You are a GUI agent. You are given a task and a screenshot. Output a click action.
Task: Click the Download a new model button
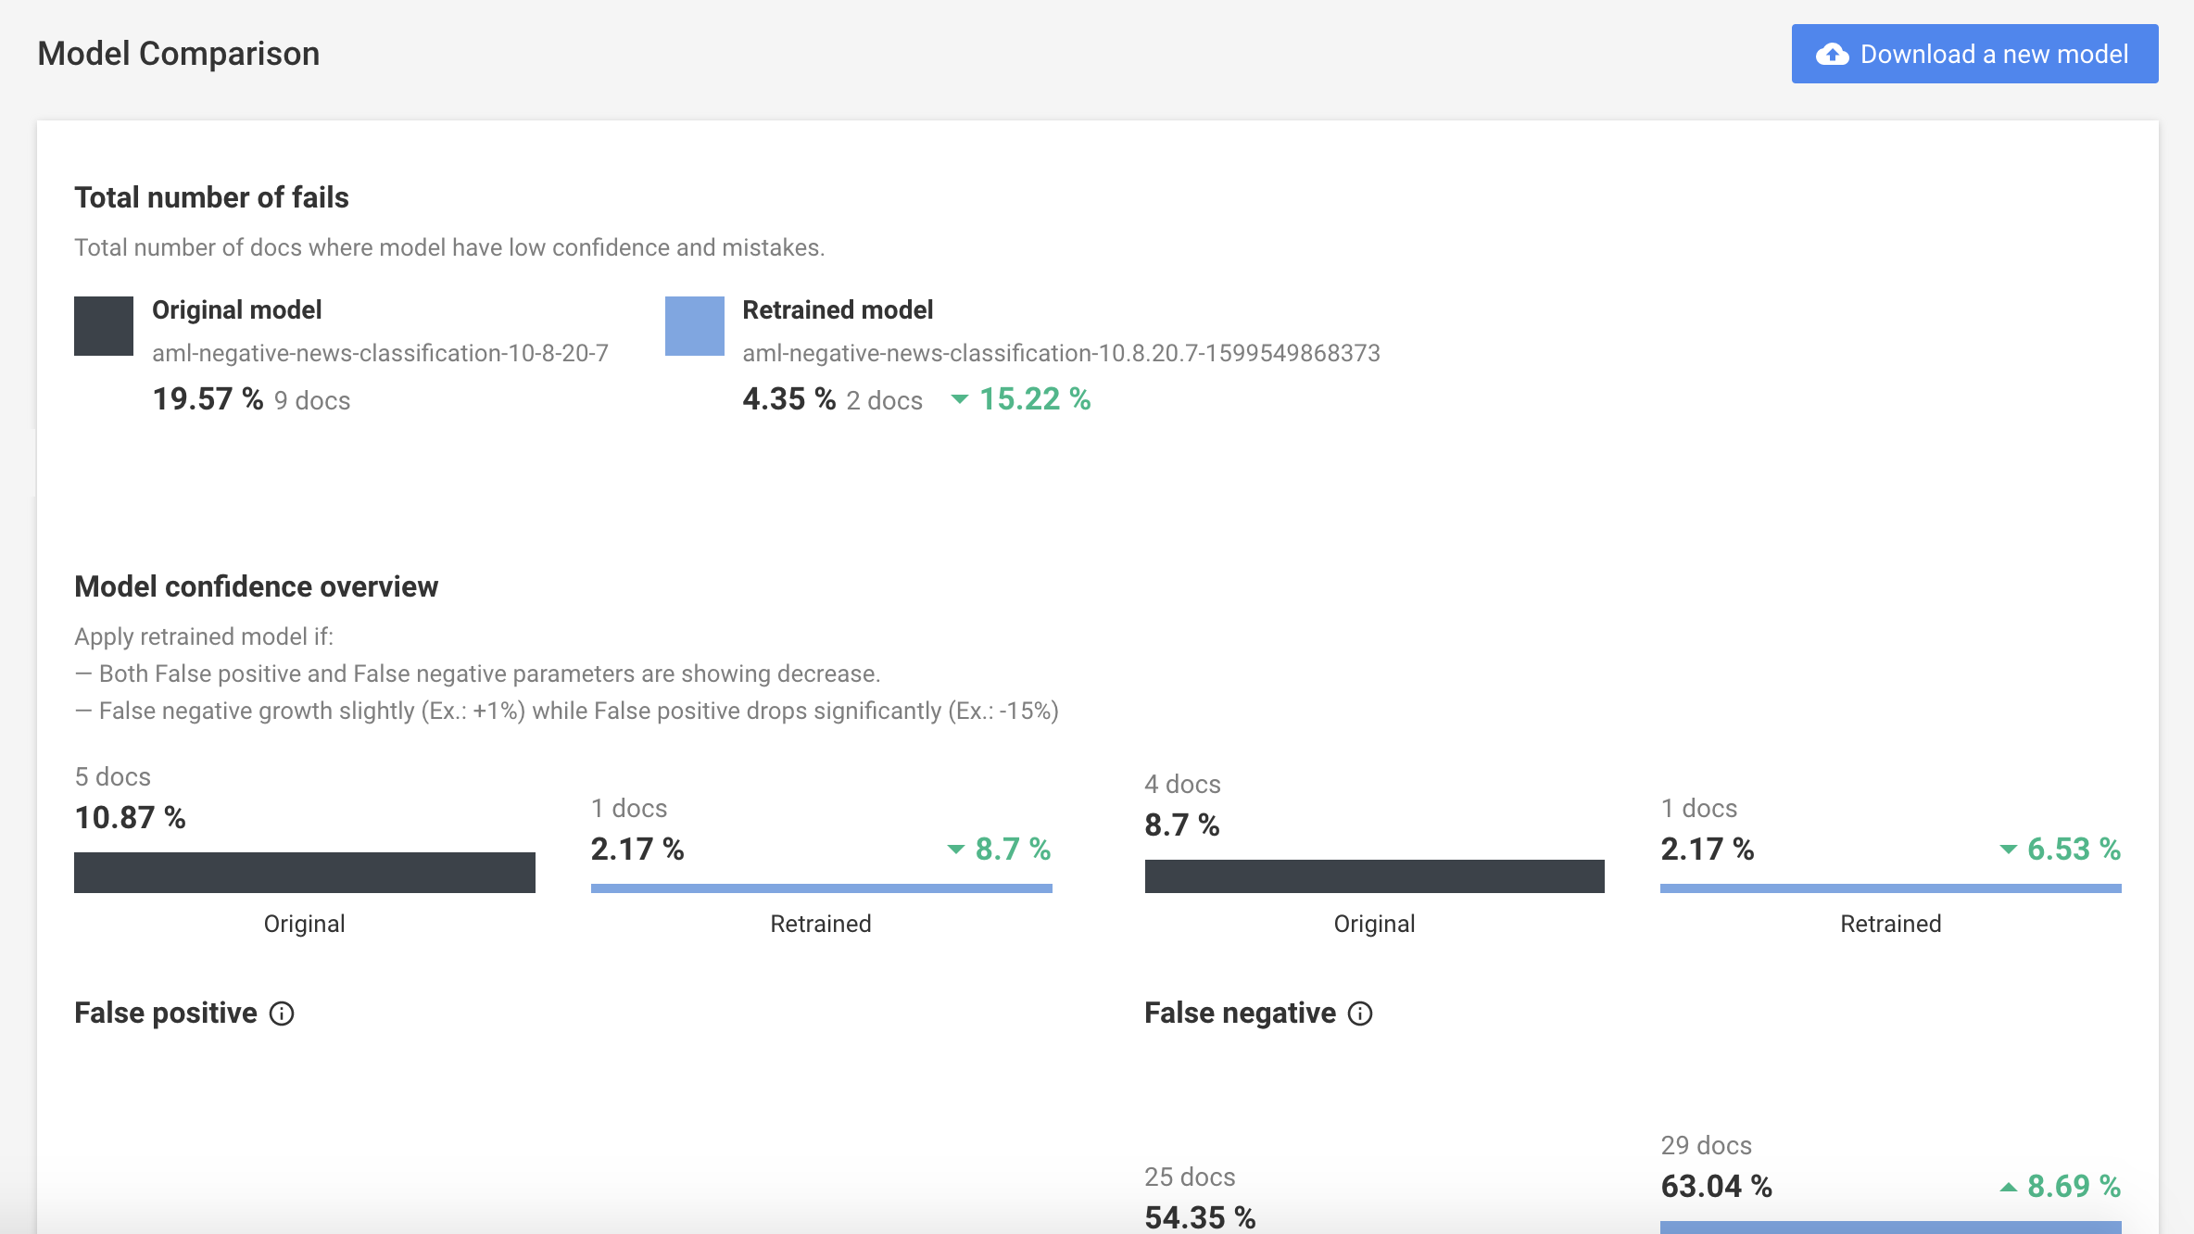(x=1974, y=54)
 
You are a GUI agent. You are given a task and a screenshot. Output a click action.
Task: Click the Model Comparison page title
(x=179, y=54)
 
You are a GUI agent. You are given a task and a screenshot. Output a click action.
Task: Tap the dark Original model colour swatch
(x=104, y=326)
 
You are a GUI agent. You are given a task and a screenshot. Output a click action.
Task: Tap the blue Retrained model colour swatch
(x=695, y=326)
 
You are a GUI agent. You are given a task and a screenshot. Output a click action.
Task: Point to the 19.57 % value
(x=208, y=399)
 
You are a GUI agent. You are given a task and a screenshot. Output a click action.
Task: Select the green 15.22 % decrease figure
(x=1035, y=399)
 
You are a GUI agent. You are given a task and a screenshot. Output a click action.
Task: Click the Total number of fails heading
(x=211, y=197)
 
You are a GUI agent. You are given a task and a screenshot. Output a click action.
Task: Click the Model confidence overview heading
(x=256, y=586)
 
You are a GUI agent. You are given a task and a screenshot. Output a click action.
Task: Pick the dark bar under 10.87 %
(x=305, y=873)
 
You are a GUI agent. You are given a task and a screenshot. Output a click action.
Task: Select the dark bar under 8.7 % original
(x=1375, y=876)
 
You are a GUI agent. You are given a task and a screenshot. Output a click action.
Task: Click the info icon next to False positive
(x=282, y=1014)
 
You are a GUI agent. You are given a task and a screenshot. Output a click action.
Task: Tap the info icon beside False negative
(x=1360, y=1014)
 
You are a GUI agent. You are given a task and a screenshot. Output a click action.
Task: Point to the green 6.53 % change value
(x=2074, y=849)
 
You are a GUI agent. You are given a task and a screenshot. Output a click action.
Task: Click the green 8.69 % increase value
(x=2074, y=1186)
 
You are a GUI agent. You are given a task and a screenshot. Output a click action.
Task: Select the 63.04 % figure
(x=1716, y=1186)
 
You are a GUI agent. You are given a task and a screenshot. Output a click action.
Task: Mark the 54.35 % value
(x=1200, y=1217)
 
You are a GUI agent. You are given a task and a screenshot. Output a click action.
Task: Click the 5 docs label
(x=112, y=776)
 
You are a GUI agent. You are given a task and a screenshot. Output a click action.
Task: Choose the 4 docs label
(x=1182, y=784)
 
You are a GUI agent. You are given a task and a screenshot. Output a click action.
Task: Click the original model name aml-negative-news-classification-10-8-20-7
(x=380, y=353)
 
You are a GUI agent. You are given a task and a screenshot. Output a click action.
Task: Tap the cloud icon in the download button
(x=1832, y=54)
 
